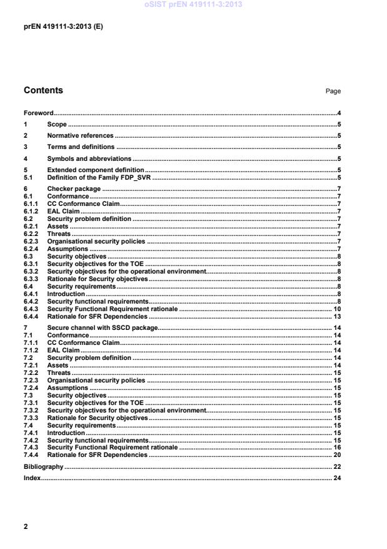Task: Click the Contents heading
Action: [43, 90]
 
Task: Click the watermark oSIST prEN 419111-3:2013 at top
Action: [193, 5]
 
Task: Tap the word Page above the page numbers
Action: [333, 91]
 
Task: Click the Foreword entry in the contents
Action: [39, 113]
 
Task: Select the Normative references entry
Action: [80, 136]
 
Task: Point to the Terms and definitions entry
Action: [81, 147]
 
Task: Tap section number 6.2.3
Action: [31, 242]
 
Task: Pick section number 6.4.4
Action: [31, 316]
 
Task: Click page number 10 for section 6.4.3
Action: [336, 309]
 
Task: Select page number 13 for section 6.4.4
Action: [336, 316]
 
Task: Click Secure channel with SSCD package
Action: [102, 327]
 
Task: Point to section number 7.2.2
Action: [31, 372]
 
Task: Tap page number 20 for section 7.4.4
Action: [336, 455]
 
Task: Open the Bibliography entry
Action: [43, 466]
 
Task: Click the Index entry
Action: [33, 478]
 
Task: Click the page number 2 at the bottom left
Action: [26, 526]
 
